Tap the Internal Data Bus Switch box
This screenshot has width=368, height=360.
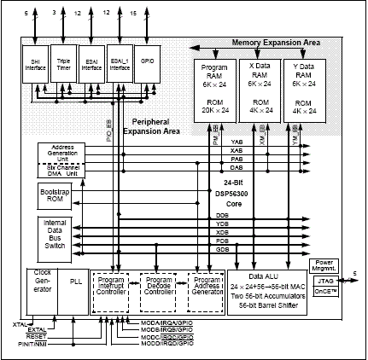(x=54, y=234)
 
